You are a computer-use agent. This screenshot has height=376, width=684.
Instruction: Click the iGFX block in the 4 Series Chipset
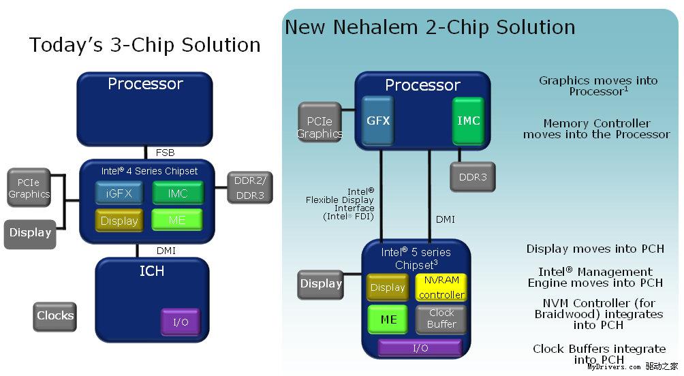[119, 193]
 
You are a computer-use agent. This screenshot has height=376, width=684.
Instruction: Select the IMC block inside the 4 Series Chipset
[177, 193]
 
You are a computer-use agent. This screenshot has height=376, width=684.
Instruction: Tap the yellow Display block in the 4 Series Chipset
[119, 221]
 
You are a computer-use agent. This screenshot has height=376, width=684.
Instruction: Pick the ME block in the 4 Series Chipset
[177, 220]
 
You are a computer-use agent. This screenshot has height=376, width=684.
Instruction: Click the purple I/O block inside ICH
[181, 322]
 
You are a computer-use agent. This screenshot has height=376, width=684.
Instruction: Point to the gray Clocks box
[55, 315]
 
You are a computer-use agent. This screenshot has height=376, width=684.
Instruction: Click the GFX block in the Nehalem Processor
[378, 121]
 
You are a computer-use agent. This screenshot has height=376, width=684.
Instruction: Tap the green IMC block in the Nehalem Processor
[468, 121]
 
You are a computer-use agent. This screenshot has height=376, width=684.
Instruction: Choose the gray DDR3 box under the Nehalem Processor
[472, 176]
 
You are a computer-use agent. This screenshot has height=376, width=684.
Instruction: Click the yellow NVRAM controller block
[441, 287]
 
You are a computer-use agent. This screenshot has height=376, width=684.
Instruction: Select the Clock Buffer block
[441, 318]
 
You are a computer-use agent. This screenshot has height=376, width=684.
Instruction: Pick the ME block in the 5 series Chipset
[388, 319]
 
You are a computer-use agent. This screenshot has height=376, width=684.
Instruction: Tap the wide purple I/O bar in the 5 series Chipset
[420, 348]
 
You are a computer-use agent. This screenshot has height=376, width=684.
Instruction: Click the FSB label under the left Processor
[166, 153]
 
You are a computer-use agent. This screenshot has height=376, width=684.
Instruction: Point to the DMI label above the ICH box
[166, 251]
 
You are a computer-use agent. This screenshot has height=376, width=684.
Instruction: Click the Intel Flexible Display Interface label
[341, 204]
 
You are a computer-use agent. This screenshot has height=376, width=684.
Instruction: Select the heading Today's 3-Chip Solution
[144, 45]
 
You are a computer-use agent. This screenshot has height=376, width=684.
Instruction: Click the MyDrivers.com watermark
[613, 366]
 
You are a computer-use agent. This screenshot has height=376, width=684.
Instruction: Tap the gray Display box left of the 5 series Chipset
[321, 284]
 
